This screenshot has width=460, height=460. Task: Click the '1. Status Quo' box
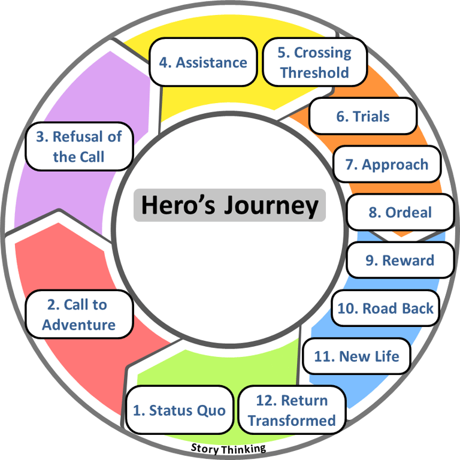[179, 410]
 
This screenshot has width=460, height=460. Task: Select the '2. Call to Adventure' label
[78, 315]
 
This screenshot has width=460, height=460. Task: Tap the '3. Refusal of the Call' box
[78, 147]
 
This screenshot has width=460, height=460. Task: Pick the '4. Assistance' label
[203, 62]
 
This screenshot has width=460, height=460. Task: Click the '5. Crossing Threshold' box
[314, 62]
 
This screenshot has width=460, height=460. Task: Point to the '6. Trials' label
[363, 116]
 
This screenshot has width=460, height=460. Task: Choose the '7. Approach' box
[387, 165]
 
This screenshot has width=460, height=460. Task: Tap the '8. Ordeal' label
[400, 213]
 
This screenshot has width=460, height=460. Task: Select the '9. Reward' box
[400, 261]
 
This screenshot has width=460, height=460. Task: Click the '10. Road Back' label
[385, 308]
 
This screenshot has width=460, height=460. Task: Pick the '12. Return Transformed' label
[292, 410]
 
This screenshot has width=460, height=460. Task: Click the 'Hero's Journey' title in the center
[229, 205]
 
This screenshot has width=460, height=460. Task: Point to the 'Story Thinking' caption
[228, 448]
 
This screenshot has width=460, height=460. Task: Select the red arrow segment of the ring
[36, 264]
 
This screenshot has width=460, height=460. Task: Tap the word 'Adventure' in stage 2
[78, 325]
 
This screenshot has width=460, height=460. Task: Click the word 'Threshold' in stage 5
[314, 72]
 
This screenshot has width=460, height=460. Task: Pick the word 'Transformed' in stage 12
[292, 420]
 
